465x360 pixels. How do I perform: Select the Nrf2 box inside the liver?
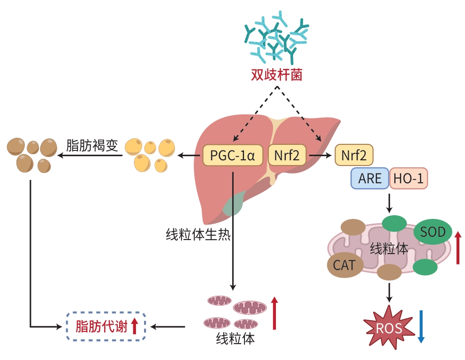click(x=287, y=155)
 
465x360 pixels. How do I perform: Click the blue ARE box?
click(x=370, y=179)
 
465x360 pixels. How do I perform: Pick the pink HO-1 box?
click(x=408, y=179)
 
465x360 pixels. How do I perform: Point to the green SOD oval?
click(x=432, y=232)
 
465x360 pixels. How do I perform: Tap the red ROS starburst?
click(x=389, y=327)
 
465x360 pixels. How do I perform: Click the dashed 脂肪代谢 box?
click(x=105, y=325)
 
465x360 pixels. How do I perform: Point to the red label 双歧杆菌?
click(x=275, y=75)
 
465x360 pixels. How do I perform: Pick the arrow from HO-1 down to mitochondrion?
click(x=389, y=202)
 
